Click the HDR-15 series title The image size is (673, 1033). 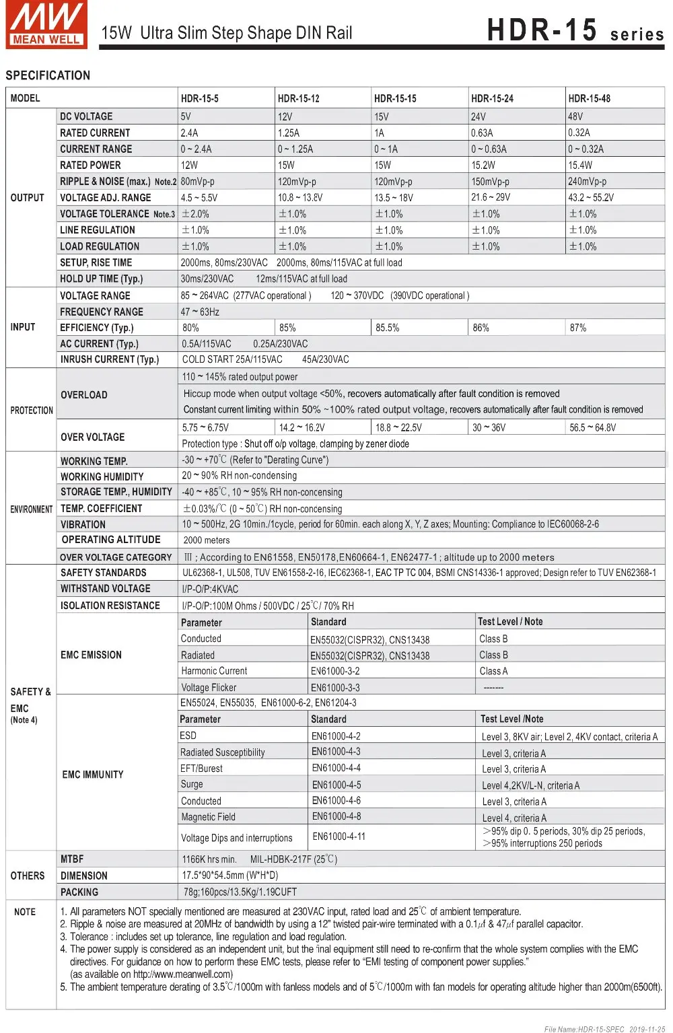(x=575, y=31)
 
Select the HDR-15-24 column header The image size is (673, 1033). (x=492, y=99)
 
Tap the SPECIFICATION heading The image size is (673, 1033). (x=48, y=75)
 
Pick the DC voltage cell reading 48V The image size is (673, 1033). (x=575, y=116)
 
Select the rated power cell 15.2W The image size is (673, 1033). (x=483, y=166)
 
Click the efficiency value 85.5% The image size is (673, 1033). (x=387, y=328)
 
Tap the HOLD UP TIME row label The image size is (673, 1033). (x=101, y=279)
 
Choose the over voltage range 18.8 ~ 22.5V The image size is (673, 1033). (x=398, y=427)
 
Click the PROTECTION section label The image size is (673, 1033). (x=32, y=410)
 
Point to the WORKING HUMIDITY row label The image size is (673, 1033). (x=102, y=476)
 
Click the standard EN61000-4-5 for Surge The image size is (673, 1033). (x=336, y=785)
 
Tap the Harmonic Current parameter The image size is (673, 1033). (x=214, y=671)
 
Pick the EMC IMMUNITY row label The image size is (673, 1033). (x=93, y=775)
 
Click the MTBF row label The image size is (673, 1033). (x=72, y=859)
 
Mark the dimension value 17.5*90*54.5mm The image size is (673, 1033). (x=229, y=876)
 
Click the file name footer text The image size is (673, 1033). (x=604, y=1029)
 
